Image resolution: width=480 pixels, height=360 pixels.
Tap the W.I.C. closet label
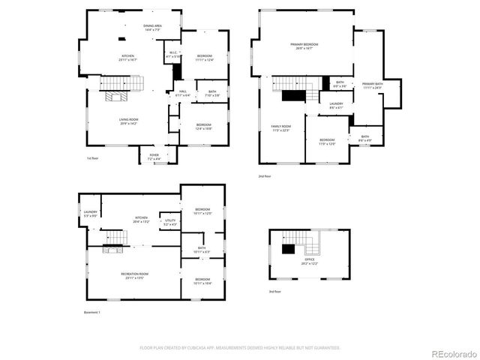point(172,55)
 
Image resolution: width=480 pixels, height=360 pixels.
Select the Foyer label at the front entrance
point(153,157)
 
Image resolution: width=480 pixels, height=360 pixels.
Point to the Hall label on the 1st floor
point(181,93)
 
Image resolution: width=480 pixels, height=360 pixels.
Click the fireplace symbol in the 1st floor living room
point(117,96)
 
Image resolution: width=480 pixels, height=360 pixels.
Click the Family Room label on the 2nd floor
point(281,127)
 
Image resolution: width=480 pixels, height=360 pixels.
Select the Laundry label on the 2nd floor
point(336,105)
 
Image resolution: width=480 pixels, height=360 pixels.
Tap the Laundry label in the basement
point(91,214)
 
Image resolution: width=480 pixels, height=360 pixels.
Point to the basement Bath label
point(202,250)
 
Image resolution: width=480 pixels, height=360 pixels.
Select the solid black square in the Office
point(287,250)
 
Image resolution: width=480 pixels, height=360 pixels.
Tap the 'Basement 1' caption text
point(91,312)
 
